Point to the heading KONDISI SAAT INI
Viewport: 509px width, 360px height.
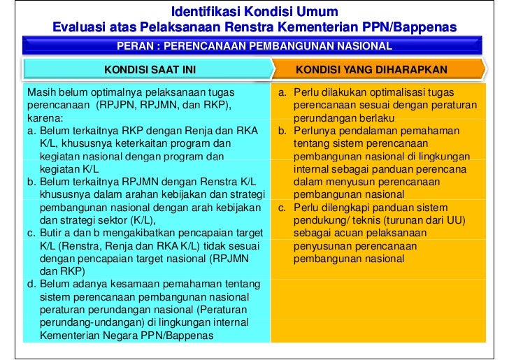point(150,70)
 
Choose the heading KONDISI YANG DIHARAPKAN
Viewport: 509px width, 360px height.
point(371,70)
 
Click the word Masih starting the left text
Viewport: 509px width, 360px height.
point(40,92)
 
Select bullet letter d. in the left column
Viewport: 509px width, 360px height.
point(31,284)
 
